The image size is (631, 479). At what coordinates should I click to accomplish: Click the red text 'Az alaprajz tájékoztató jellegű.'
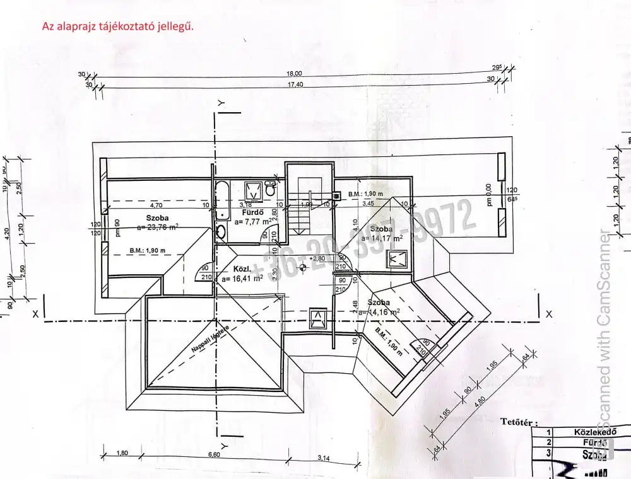click(117, 27)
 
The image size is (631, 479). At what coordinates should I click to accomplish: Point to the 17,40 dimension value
click(295, 84)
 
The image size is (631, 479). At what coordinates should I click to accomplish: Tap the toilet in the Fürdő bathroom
click(271, 188)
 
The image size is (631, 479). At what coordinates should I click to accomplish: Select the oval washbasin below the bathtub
click(221, 233)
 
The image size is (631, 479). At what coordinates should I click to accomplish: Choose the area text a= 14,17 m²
click(382, 238)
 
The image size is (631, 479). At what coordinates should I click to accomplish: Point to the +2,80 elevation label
click(317, 258)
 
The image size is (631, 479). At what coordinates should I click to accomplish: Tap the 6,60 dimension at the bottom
click(215, 453)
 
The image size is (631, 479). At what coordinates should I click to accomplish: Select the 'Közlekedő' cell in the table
click(594, 432)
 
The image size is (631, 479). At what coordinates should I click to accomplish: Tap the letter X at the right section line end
click(550, 314)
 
